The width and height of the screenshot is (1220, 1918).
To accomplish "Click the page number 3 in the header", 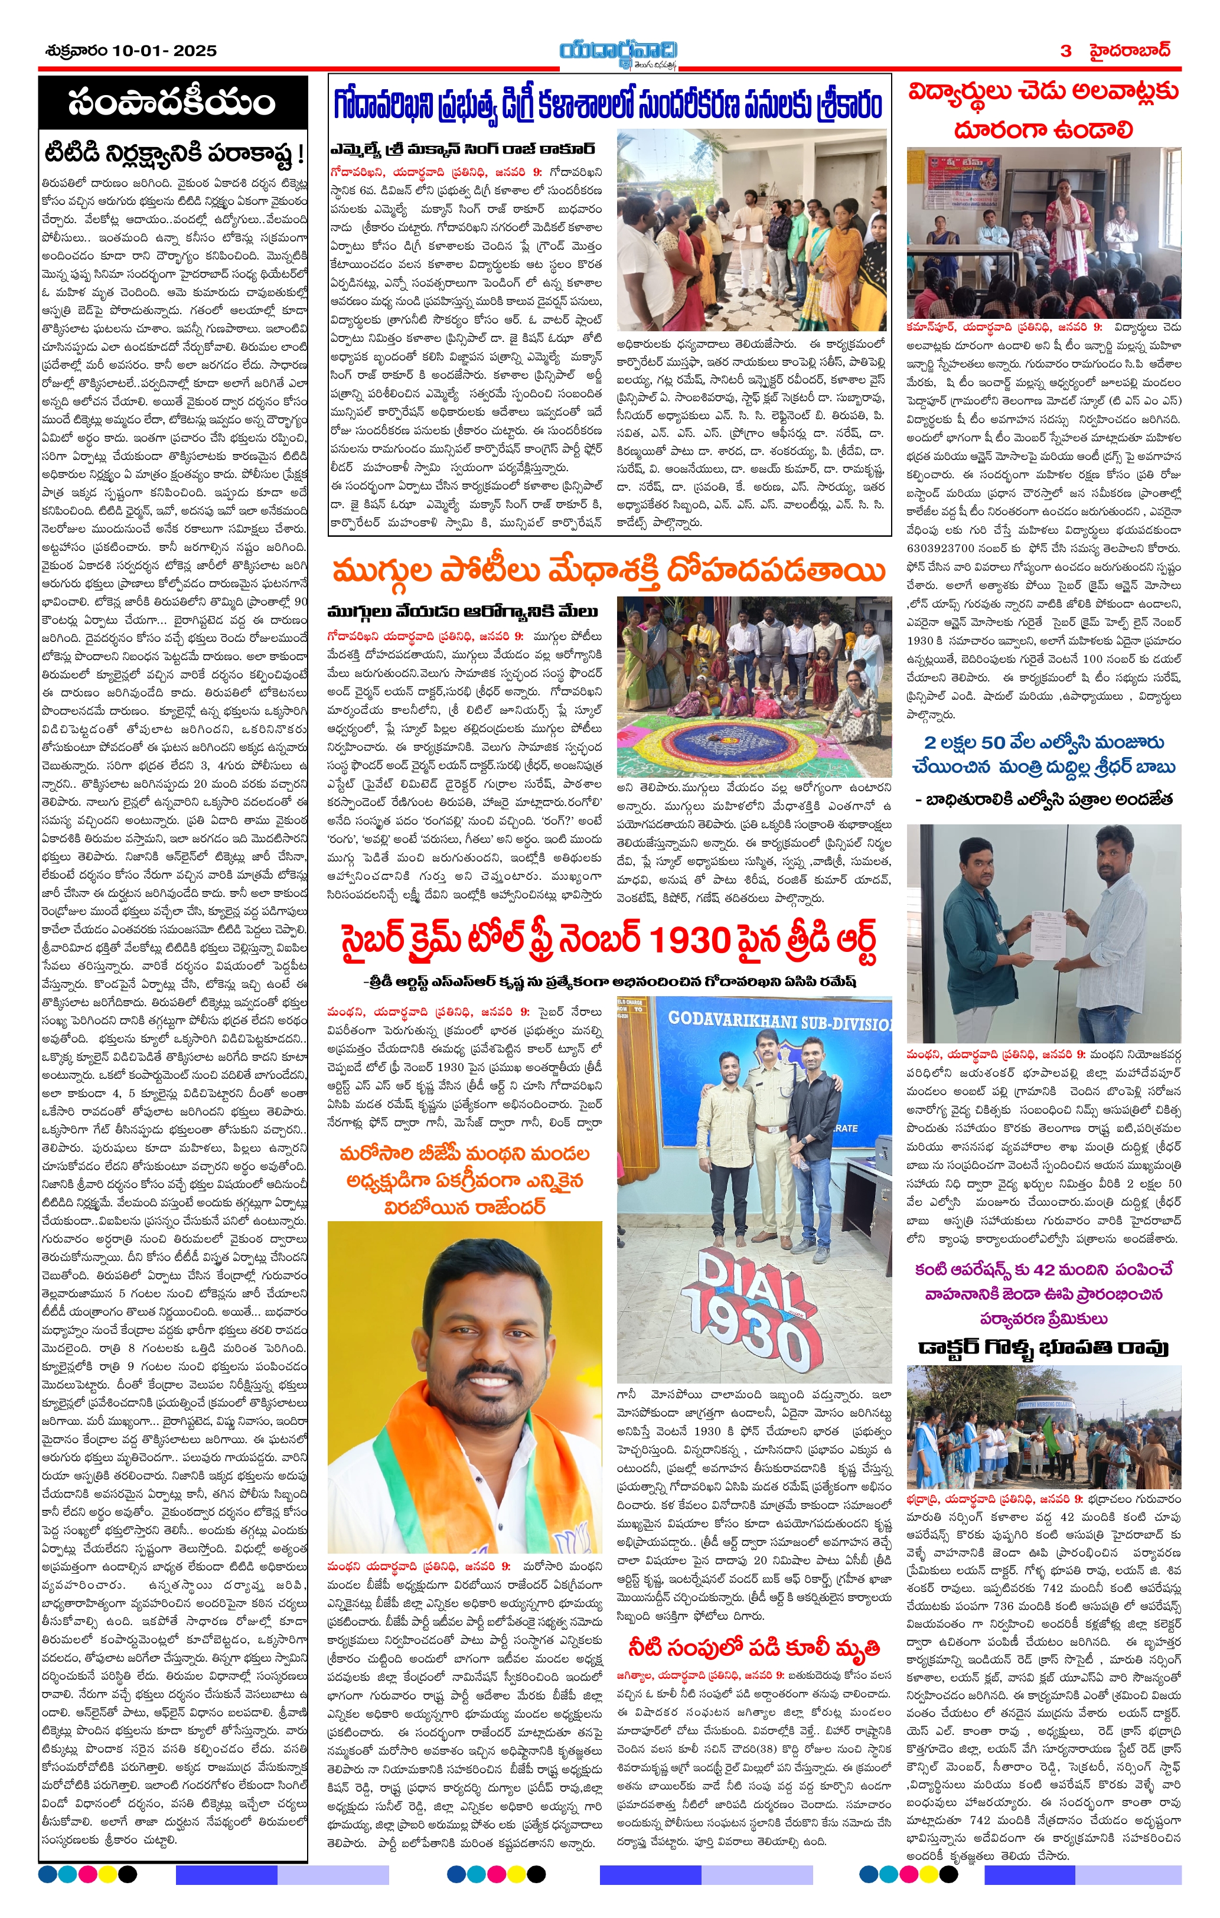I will click(1066, 51).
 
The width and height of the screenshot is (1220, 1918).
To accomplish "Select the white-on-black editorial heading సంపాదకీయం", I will click(172, 103).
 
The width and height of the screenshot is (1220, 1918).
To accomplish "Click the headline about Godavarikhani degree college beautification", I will click(609, 105).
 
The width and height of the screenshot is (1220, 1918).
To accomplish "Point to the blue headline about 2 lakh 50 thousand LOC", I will click(1043, 754).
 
